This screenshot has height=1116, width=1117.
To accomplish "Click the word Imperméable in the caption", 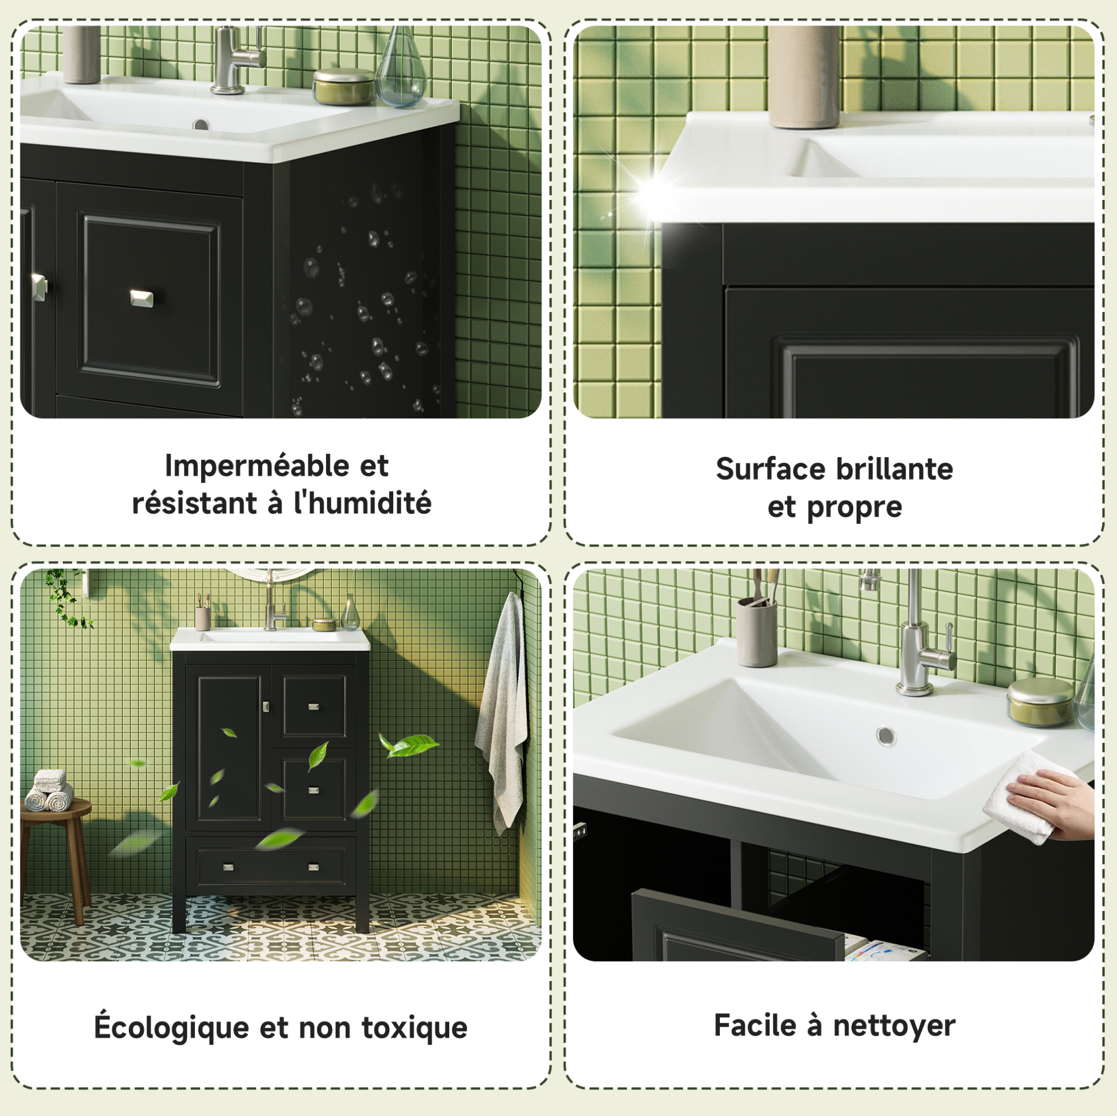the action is click(x=256, y=466).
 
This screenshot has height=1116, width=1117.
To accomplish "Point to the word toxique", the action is click(x=415, y=1028).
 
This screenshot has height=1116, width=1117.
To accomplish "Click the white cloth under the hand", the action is click(x=1023, y=798).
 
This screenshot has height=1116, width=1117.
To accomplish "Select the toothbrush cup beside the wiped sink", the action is click(x=757, y=631).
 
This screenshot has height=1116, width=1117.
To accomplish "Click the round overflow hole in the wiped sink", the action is click(x=886, y=736).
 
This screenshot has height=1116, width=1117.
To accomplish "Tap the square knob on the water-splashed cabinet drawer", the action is click(x=142, y=298).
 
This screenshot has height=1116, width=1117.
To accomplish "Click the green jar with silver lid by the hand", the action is click(x=1040, y=702).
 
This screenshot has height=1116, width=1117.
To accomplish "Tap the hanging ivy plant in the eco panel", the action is click(x=68, y=597).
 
